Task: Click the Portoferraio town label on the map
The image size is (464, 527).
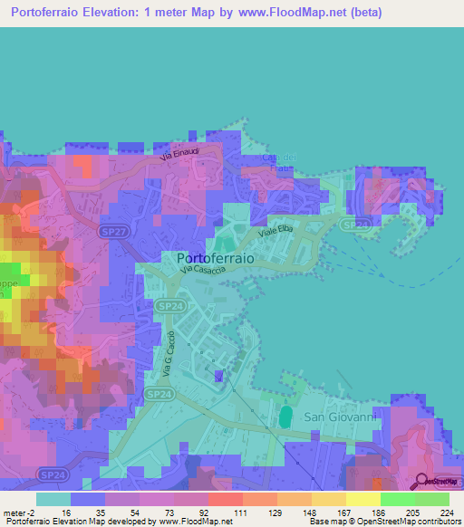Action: pyautogui.click(x=214, y=256)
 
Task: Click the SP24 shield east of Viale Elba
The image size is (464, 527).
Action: pyautogui.click(x=355, y=224)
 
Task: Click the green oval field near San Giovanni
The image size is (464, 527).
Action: pyautogui.click(x=286, y=417)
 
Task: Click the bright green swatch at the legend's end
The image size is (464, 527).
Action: pyautogui.click(x=432, y=499)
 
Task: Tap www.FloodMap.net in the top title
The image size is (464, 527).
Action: pyautogui.click(x=284, y=13)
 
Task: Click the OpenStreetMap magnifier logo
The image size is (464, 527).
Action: pyautogui.click(x=423, y=482)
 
